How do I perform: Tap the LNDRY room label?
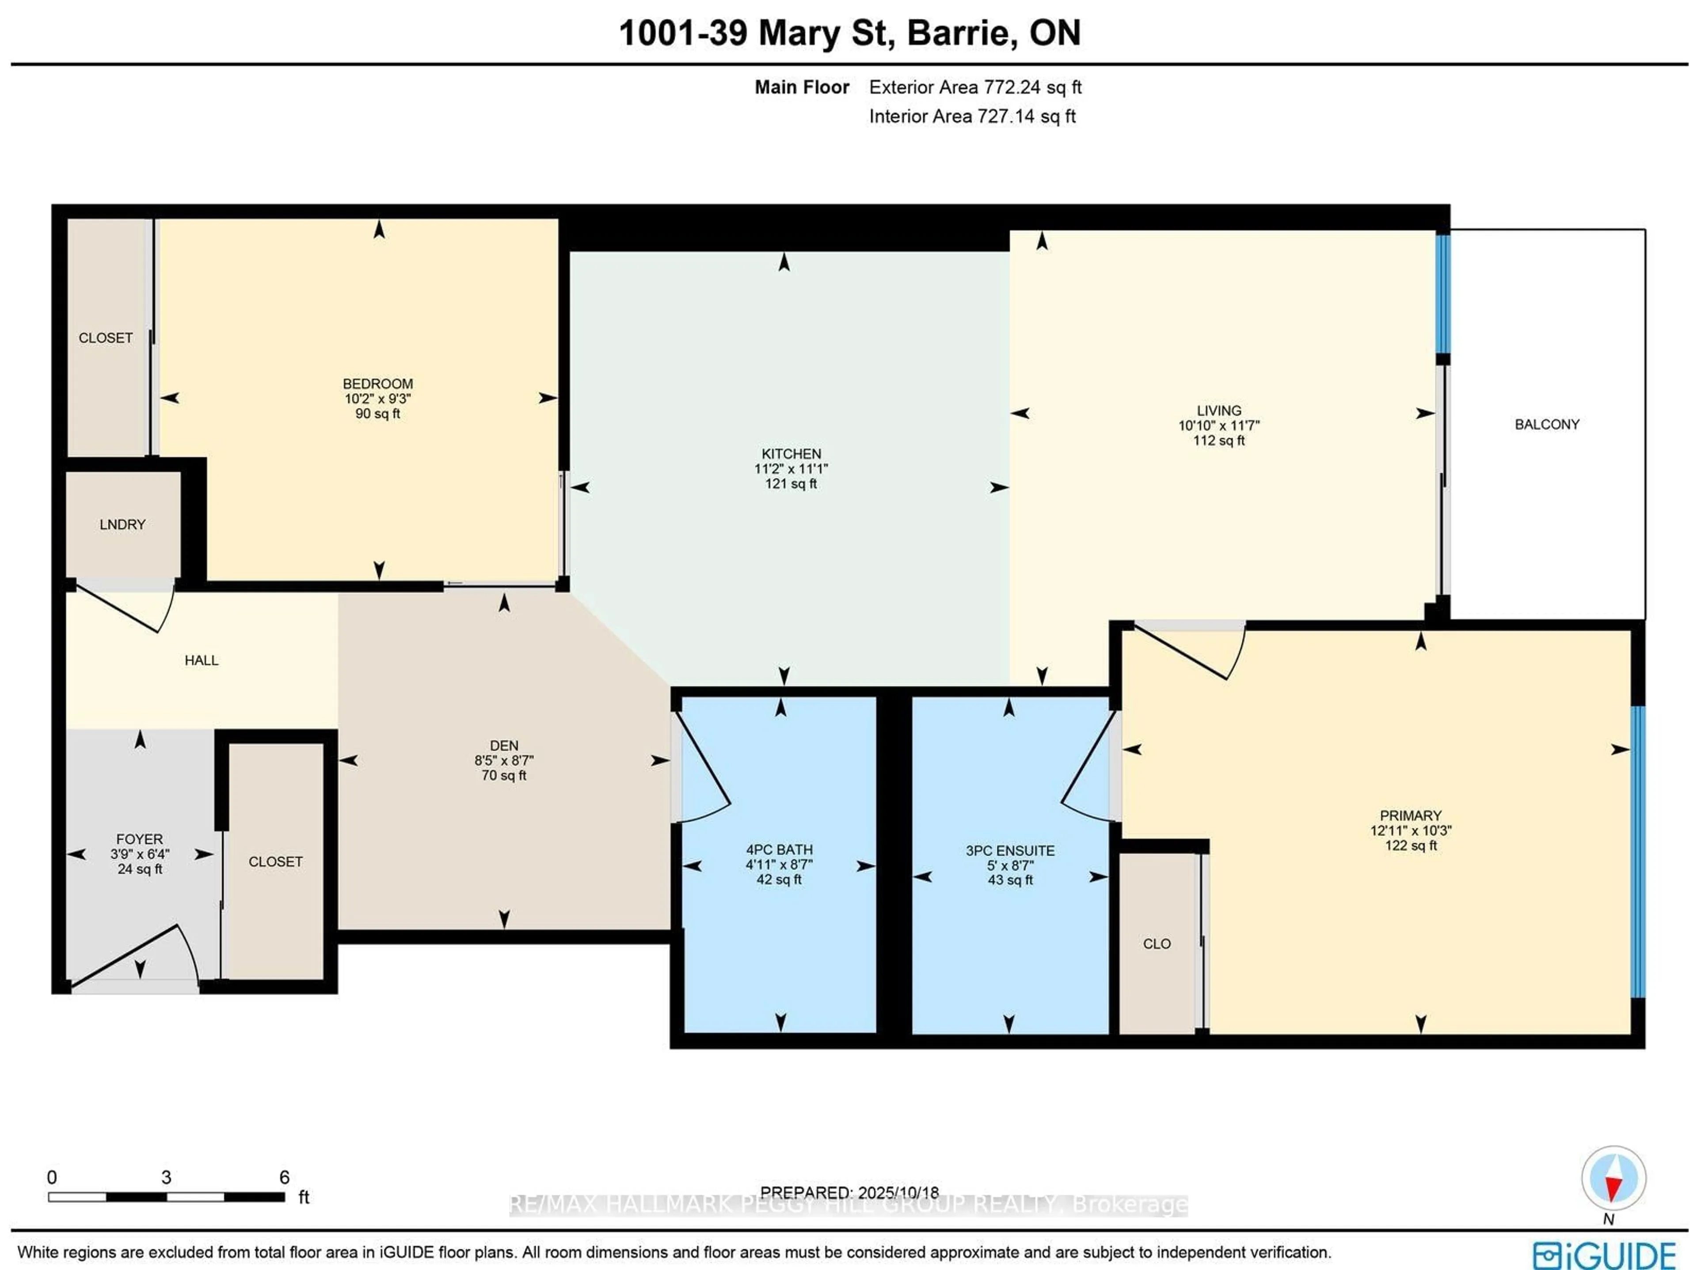point(122,525)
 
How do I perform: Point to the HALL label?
point(201,660)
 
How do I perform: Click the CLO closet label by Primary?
point(1156,944)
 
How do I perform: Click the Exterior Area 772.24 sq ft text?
point(974,87)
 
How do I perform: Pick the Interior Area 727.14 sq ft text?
point(971,117)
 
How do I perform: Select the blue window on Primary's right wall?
point(1637,851)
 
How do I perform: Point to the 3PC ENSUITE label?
point(1010,850)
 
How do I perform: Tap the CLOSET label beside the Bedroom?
point(105,338)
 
